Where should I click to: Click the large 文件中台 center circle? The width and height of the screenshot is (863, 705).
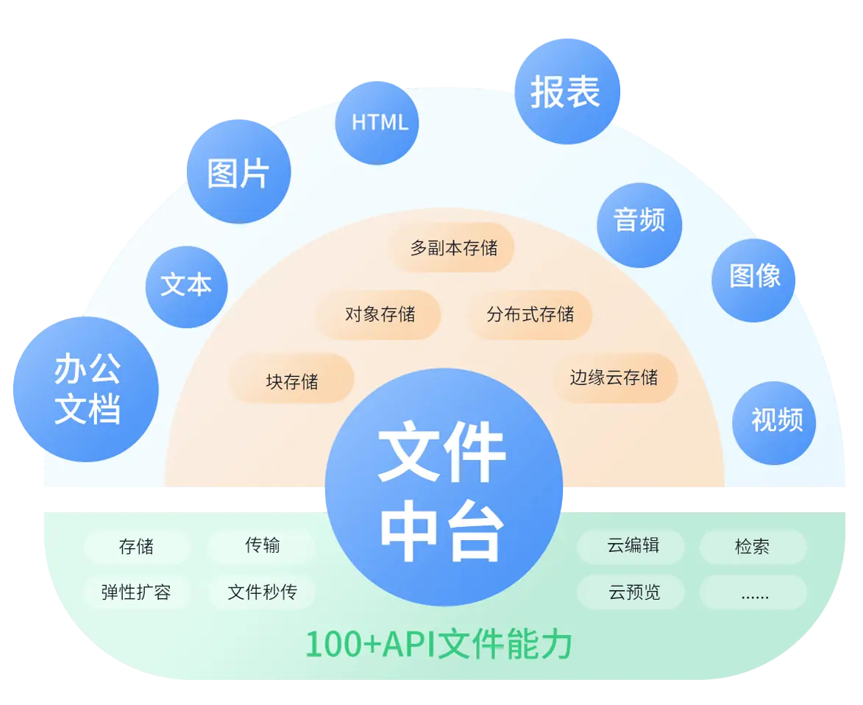click(443, 487)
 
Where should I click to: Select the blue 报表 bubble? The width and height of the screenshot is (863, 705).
click(567, 91)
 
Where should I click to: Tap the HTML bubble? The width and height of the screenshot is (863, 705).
click(378, 122)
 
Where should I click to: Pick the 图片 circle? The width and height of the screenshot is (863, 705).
click(239, 171)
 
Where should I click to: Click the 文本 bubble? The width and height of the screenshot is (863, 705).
click(186, 286)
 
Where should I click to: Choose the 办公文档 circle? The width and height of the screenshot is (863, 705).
click(86, 389)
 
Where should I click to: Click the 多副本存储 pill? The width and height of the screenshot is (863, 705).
click(452, 248)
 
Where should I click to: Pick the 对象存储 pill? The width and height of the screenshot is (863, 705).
click(379, 315)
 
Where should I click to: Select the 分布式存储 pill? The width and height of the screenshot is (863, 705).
click(530, 315)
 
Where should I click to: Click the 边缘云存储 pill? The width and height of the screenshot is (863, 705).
click(614, 378)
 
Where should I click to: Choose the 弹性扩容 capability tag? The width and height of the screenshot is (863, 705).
click(136, 592)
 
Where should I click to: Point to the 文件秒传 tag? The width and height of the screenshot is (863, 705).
click(262, 592)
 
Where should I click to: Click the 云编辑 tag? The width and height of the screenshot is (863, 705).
click(631, 547)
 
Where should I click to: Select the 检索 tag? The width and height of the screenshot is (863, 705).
click(753, 547)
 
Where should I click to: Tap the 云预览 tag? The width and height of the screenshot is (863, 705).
click(631, 592)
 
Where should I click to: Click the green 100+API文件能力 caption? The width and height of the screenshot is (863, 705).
click(438, 645)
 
